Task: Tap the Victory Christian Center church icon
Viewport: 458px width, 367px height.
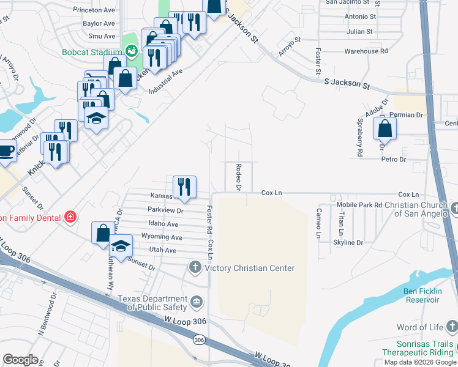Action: point(195,267)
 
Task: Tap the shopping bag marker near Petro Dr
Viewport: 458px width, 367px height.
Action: point(385,129)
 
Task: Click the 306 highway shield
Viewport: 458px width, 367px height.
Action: point(199,339)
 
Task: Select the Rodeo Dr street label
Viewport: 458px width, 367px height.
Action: point(239,177)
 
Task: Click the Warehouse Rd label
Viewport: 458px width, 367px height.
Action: point(362,51)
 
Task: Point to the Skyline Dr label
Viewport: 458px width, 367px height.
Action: point(348,243)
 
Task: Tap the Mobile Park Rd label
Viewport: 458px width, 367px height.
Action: point(359,204)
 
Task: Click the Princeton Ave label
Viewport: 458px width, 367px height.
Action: point(94,10)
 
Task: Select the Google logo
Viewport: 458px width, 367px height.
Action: point(21,360)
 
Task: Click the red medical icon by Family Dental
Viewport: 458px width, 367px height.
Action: point(71,217)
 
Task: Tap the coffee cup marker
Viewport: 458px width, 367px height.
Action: point(6,150)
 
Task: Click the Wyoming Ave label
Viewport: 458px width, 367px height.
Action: point(162,237)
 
